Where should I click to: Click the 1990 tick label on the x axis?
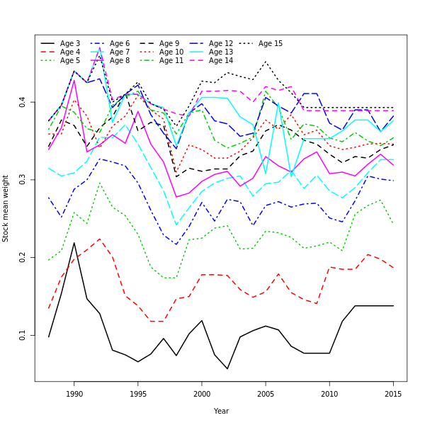tap(74, 394)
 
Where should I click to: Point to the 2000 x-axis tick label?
tap(202, 394)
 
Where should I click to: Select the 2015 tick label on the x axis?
tap(393, 394)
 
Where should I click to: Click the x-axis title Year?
tap(221, 411)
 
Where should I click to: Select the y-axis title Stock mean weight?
tap(6, 208)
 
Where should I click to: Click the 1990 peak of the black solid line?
tap(74, 243)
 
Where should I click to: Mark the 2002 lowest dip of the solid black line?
tap(227, 368)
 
